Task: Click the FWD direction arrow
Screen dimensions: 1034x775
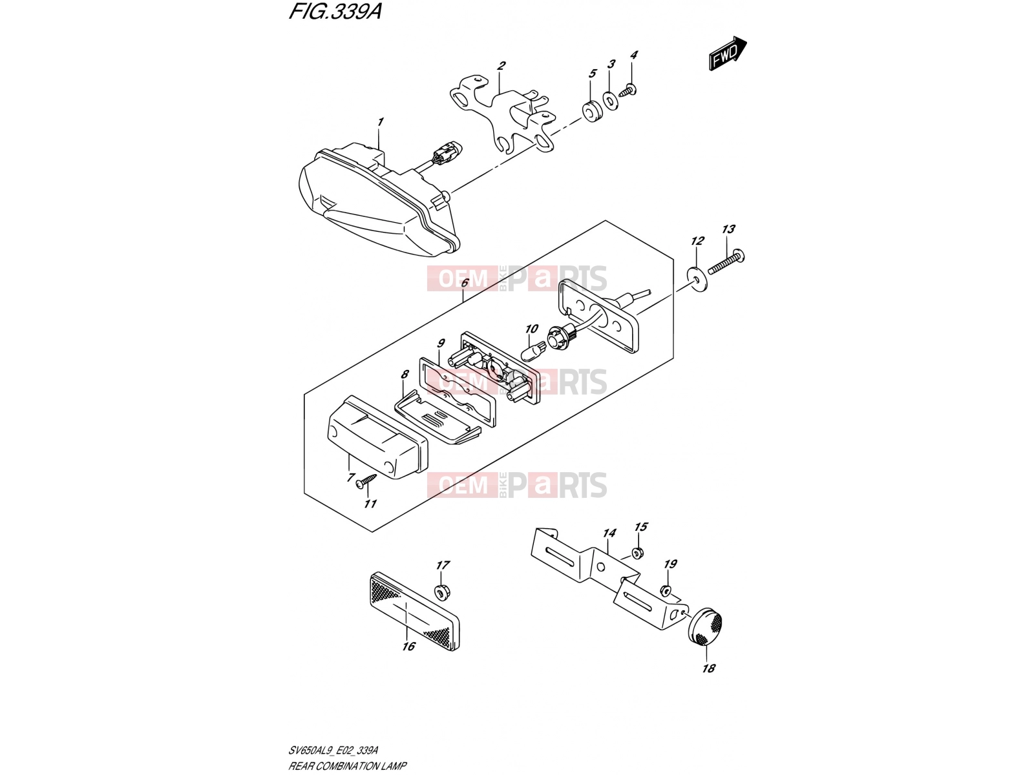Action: (728, 54)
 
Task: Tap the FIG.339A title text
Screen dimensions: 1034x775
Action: (335, 12)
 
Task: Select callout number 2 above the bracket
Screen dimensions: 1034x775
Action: (501, 66)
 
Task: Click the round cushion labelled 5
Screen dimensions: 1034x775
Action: (593, 112)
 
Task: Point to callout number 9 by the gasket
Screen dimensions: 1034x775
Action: (441, 343)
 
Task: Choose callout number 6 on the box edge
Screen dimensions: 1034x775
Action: (465, 283)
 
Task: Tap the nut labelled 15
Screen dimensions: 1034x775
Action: (638, 553)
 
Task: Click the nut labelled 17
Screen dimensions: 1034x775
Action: (441, 592)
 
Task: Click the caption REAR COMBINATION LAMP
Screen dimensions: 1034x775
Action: (347, 765)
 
